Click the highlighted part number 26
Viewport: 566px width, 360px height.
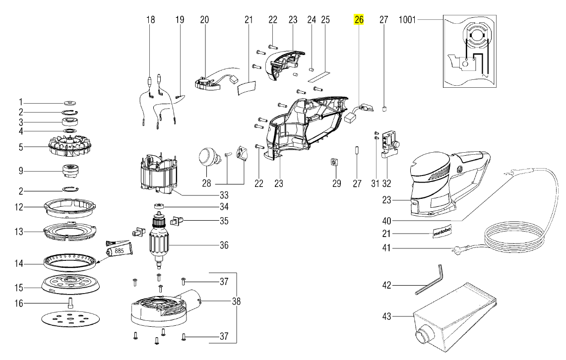tap(359, 20)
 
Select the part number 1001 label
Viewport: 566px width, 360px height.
tap(407, 20)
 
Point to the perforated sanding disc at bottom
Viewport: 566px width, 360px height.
tap(70, 321)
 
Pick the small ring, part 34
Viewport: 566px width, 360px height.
tap(159, 206)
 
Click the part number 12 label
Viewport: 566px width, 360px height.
tap(19, 207)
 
